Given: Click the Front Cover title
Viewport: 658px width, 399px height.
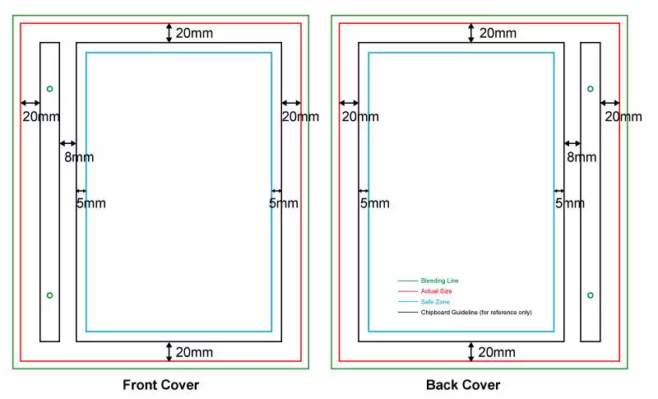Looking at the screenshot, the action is tap(160, 385).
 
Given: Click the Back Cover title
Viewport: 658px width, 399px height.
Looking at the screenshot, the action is tap(463, 385).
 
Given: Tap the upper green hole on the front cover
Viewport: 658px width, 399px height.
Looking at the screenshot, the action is tap(49, 89).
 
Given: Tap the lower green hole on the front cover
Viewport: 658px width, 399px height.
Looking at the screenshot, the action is tap(49, 295).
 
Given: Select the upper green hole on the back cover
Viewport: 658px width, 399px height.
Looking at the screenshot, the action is tap(590, 89).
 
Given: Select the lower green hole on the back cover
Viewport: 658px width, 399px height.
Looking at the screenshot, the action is tap(590, 295).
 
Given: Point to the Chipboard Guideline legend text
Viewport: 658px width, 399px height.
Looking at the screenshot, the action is tap(476, 312).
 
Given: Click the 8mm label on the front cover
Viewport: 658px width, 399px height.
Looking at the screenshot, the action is tap(79, 157).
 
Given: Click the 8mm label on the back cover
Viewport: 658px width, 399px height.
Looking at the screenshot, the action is tap(582, 157).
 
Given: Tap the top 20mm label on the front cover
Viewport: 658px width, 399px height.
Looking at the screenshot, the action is tap(194, 33).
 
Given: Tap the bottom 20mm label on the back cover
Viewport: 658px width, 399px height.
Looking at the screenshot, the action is tap(497, 352).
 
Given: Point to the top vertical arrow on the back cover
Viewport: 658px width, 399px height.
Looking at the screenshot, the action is tap(470, 33).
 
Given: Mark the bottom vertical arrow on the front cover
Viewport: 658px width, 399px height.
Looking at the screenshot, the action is tap(169, 351).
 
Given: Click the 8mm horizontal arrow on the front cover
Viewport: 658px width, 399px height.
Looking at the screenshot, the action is tap(68, 143).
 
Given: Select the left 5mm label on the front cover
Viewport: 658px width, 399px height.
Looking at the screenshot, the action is tap(90, 203).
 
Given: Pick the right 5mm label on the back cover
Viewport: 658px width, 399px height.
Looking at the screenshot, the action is tap(570, 203).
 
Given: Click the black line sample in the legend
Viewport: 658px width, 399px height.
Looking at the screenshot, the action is tap(408, 312).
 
